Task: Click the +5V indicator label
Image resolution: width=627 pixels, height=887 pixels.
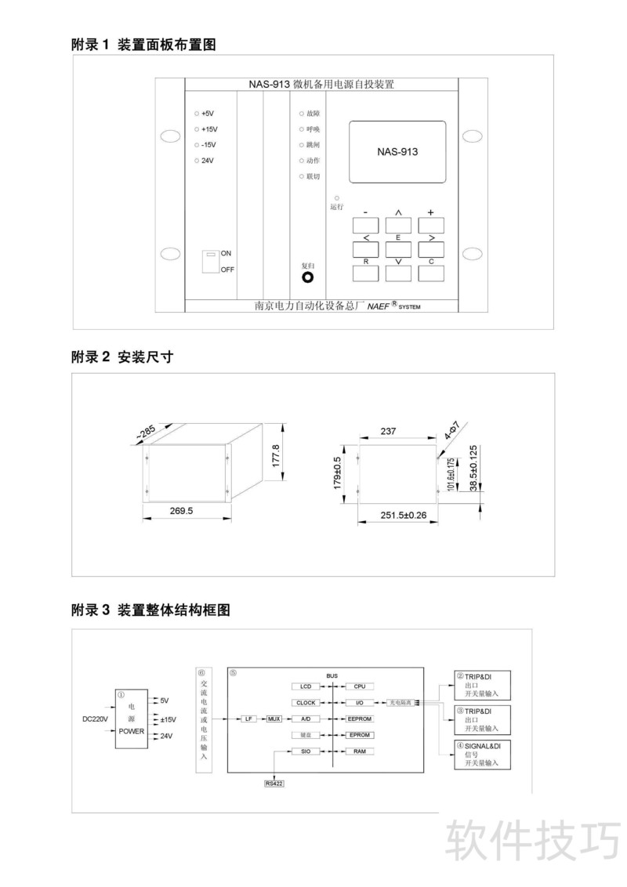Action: [x=207, y=114]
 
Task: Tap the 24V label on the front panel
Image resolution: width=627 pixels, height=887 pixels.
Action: [x=207, y=161]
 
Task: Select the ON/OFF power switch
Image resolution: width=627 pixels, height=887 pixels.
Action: [x=210, y=262]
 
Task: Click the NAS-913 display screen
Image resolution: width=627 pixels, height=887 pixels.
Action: [x=397, y=152]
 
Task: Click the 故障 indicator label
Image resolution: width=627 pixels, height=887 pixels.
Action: [x=313, y=114]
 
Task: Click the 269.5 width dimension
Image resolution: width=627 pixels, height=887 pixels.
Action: [x=181, y=511]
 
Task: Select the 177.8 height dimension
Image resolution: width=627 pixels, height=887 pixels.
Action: [x=275, y=455]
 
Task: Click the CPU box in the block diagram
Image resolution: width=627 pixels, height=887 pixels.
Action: [x=359, y=686]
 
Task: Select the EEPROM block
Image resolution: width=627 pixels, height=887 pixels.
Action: [x=359, y=719]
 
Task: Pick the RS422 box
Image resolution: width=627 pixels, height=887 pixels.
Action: [x=274, y=783]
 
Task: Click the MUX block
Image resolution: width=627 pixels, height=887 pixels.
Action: [x=274, y=719]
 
